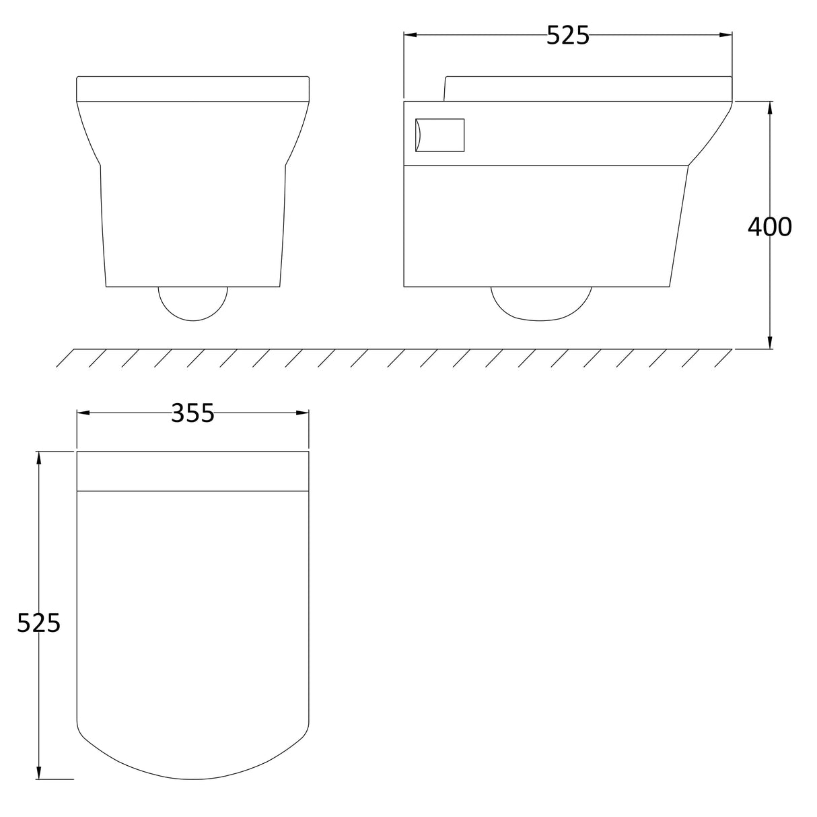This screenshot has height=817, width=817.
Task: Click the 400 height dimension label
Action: pyautogui.click(x=769, y=227)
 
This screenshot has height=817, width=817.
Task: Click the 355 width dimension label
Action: pyautogui.click(x=192, y=413)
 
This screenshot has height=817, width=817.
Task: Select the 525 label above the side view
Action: pyautogui.click(x=567, y=35)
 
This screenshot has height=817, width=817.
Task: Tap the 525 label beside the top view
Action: pyautogui.click(x=38, y=623)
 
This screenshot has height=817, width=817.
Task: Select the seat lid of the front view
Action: pyautogui.click(x=193, y=89)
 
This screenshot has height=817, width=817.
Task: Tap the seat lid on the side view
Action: pyautogui.click(x=588, y=88)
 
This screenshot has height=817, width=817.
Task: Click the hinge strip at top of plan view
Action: pyautogui.click(x=193, y=471)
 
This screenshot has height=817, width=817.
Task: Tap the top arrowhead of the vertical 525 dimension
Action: pyautogui.click(x=39, y=457)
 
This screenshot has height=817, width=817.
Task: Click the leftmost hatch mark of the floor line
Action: pyautogui.click(x=65, y=358)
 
